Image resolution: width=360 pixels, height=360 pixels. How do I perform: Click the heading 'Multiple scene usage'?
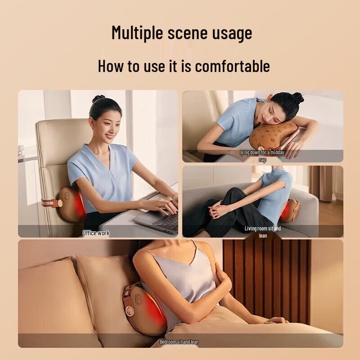tap(181, 33)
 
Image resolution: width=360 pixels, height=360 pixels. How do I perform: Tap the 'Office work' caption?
tap(96, 233)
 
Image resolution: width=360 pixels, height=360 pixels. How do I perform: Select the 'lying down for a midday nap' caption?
tap(262, 156)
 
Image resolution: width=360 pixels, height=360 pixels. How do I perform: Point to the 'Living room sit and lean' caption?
tap(263, 232)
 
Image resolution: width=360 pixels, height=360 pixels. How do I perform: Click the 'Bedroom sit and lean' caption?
tap(179, 342)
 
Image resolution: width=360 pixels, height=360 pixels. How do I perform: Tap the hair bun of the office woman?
tap(99, 99)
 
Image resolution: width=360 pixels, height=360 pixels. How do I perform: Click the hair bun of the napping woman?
tap(297, 97)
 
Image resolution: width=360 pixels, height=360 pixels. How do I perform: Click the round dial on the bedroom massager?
tap(131, 311)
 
